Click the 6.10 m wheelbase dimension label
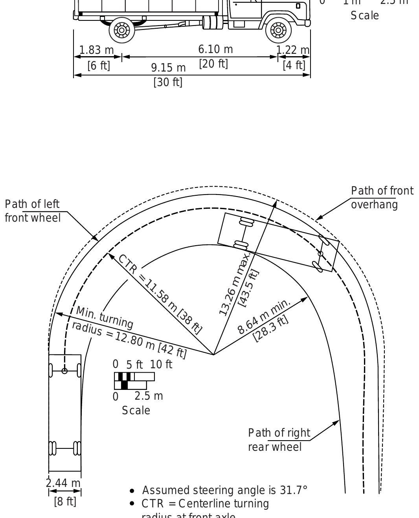tap(215, 50)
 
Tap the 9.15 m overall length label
tap(168, 68)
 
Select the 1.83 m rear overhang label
tap(96, 50)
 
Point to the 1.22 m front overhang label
tap(293, 50)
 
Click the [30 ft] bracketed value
tap(168, 82)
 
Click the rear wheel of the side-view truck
tap(122, 30)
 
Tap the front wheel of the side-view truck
tap(278, 30)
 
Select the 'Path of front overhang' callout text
tap(382, 198)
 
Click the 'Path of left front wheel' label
tap(33, 211)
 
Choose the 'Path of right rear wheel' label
tap(279, 440)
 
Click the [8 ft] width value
tap(65, 502)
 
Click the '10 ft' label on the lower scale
tap(161, 364)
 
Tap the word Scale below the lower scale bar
tap(136, 410)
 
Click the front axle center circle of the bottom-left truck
tap(65, 371)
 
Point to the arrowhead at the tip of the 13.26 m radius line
tap(275, 202)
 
